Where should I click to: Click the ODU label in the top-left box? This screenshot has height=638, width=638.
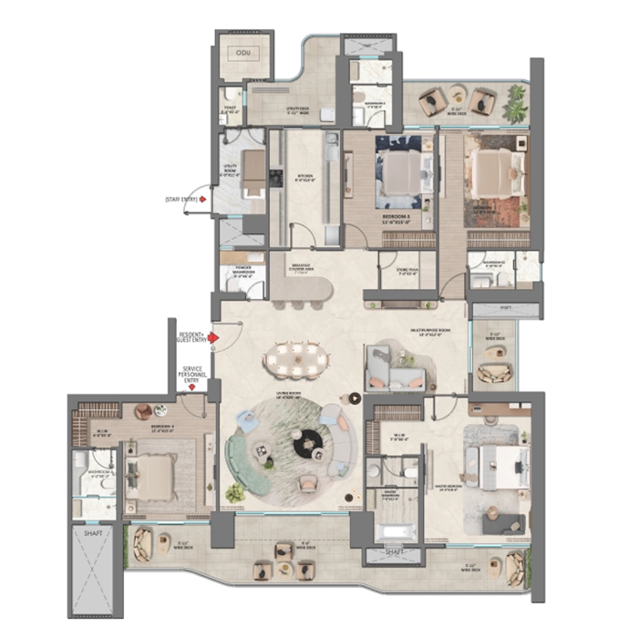pyautogui.click(x=242, y=54)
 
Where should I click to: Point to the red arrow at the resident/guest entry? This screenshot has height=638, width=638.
pyautogui.click(x=212, y=337)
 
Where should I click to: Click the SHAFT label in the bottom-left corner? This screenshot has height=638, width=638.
pyautogui.click(x=93, y=534)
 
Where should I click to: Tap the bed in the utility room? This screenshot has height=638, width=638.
pyautogui.click(x=253, y=170)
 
